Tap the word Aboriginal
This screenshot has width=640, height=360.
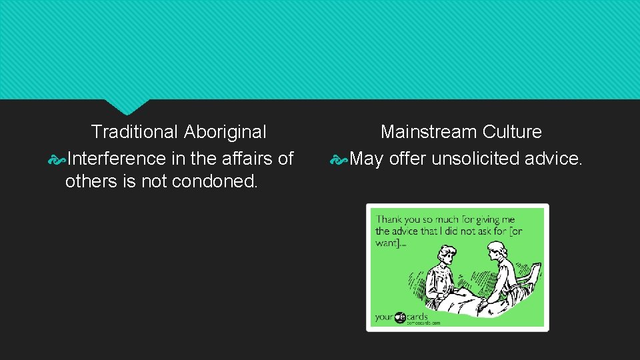(x=225, y=132)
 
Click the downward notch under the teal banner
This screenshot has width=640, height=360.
(x=127, y=105)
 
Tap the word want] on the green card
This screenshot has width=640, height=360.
(x=387, y=243)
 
